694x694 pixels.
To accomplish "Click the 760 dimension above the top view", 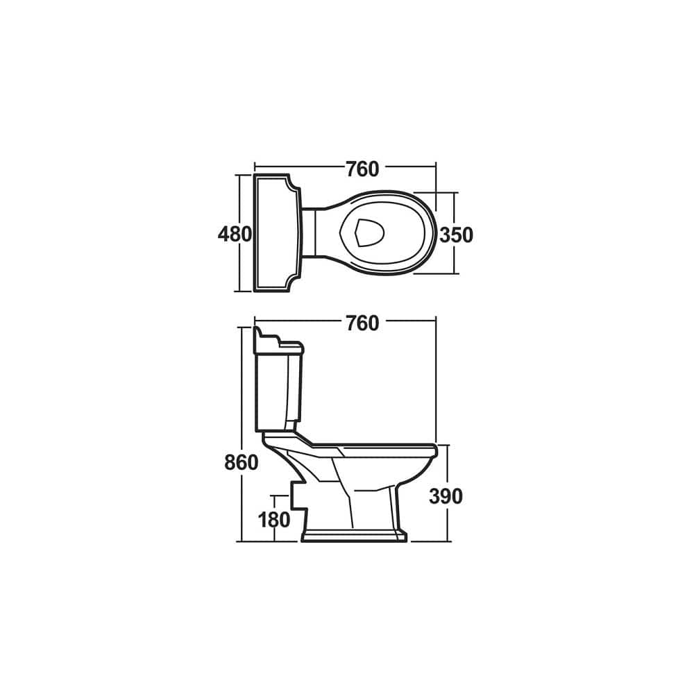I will (x=362, y=169).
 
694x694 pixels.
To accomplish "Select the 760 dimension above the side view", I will (x=362, y=323).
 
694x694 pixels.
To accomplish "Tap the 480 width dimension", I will (x=235, y=235).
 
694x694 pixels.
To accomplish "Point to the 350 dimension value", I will (x=456, y=235).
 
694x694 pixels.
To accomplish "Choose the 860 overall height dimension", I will (x=242, y=462).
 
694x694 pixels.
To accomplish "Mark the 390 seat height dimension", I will (x=446, y=496).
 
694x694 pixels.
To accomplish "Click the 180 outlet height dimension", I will (x=274, y=518).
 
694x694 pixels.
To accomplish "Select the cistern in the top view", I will (x=277, y=232).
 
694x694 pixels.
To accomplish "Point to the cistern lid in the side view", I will (x=279, y=344).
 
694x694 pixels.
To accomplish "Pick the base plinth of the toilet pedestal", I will (x=354, y=536).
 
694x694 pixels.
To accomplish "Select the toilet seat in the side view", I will (x=375, y=448).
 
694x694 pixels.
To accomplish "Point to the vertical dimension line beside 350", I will (x=455, y=208).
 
